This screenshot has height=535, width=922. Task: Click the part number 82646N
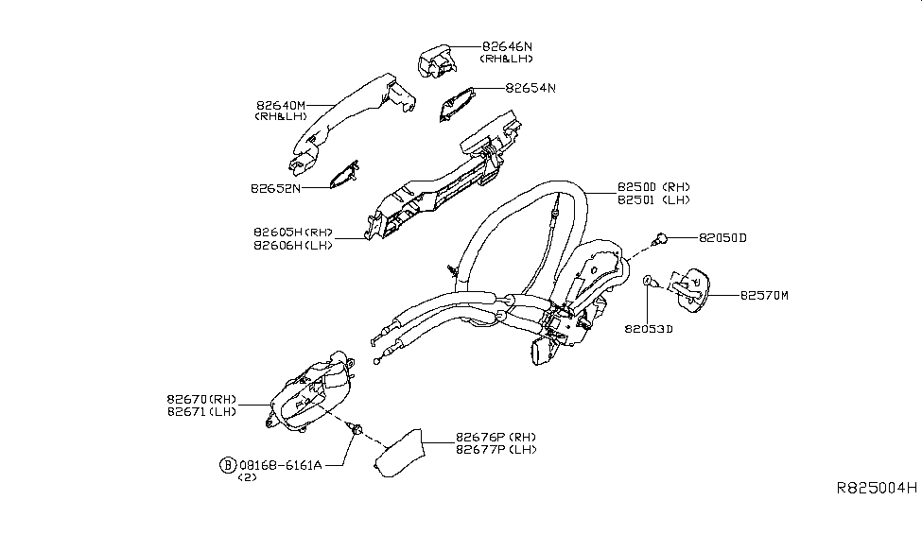[x=507, y=45]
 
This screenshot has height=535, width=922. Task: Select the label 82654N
[x=530, y=88]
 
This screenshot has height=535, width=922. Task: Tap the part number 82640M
[x=281, y=105]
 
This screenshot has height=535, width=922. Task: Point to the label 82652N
[x=276, y=188]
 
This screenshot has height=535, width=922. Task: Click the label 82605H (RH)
[x=293, y=232]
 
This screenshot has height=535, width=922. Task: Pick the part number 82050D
[x=722, y=237]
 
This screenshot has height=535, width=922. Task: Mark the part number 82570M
[x=764, y=296]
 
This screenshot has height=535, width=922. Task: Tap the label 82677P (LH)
[x=496, y=450]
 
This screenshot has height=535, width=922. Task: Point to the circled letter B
[x=227, y=465]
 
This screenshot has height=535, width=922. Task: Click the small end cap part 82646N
[x=436, y=61]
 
